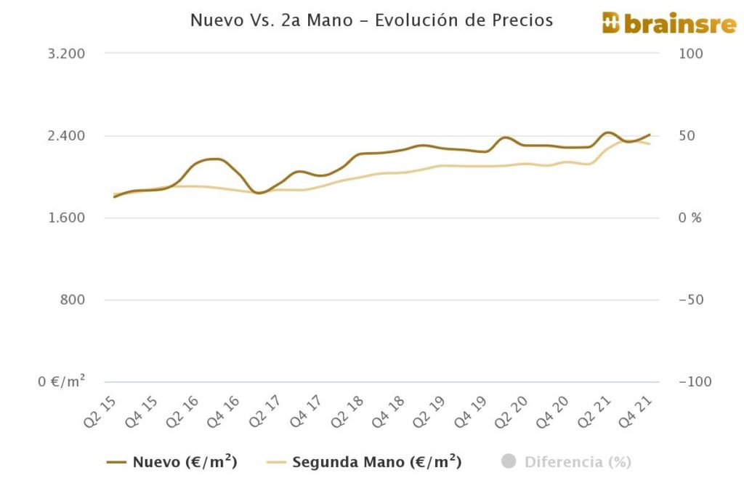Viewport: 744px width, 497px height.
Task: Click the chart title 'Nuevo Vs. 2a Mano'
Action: tap(371, 20)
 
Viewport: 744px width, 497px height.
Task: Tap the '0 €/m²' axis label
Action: tap(61, 381)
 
